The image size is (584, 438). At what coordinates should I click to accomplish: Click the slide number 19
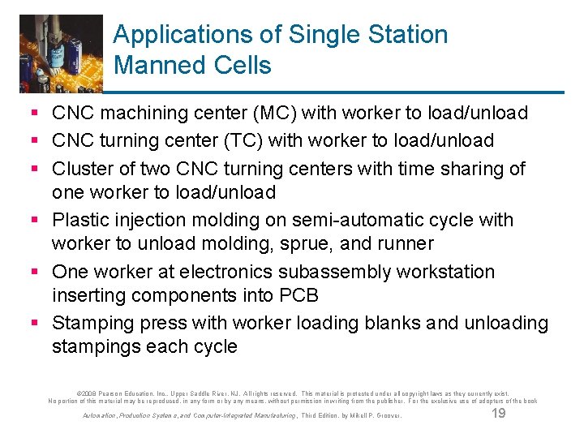pyautogui.click(x=499, y=414)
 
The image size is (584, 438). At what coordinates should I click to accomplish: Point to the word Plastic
pyautogui.click(x=83, y=220)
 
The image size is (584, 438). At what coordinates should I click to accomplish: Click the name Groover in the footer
pyautogui.click(x=387, y=416)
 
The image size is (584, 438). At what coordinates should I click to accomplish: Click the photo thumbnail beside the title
pyautogui.click(x=62, y=54)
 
